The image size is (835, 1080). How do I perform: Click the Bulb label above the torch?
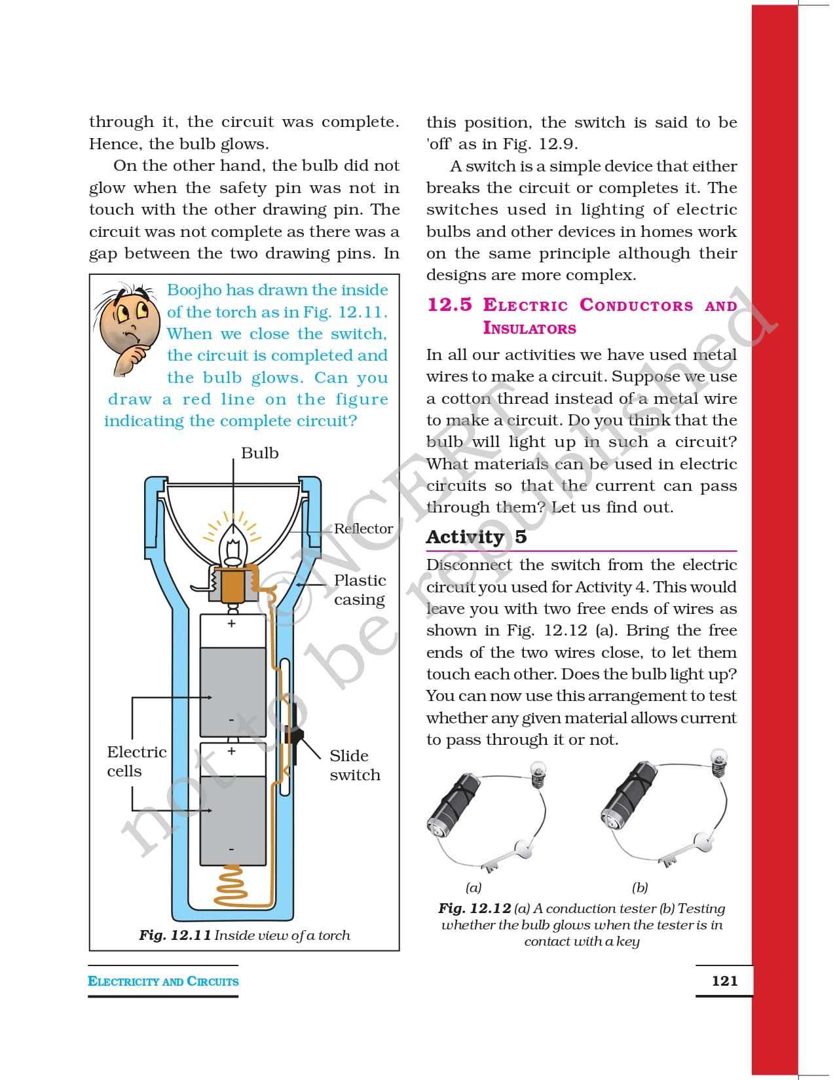tap(259, 453)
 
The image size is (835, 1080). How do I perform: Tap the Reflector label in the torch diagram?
tap(363, 528)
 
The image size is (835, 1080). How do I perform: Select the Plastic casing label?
tap(360, 590)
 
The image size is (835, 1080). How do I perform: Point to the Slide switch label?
tap(354, 765)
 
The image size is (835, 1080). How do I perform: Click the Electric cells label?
tap(136, 761)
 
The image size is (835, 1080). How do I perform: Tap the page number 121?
tap(724, 981)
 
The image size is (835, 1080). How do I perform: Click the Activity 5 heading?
tap(476, 537)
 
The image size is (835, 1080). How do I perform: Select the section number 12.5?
tap(449, 305)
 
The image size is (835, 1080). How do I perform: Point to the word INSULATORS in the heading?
tap(529, 328)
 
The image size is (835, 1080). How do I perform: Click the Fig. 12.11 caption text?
tap(244, 935)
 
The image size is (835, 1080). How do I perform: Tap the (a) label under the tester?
tap(473, 888)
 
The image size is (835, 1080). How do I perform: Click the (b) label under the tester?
tap(640, 888)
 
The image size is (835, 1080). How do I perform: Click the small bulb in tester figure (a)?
tap(538, 774)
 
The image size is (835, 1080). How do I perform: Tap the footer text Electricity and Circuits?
tap(163, 981)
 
